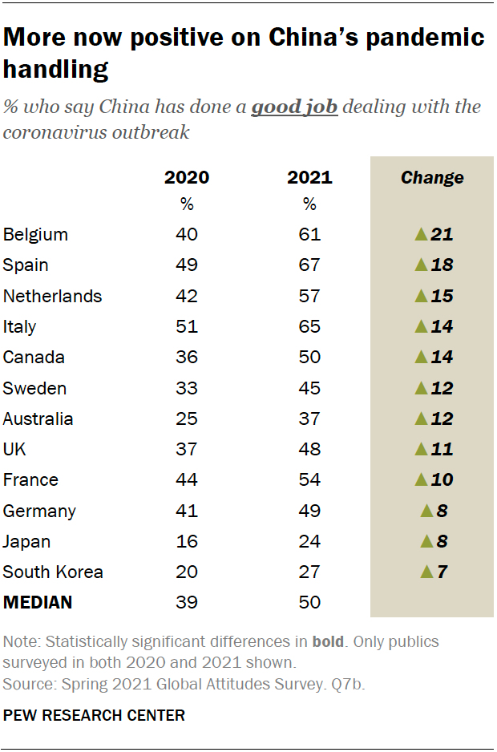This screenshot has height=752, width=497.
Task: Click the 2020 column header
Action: (x=187, y=177)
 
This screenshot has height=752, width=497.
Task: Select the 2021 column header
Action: (x=309, y=177)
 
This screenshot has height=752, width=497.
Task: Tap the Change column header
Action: (x=432, y=177)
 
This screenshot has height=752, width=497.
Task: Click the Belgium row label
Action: (x=35, y=234)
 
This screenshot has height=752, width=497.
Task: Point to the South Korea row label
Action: (x=53, y=572)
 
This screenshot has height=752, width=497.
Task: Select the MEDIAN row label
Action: (x=38, y=603)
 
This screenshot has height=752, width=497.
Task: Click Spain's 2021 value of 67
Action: (x=309, y=265)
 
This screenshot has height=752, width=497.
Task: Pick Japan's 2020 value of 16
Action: (x=187, y=542)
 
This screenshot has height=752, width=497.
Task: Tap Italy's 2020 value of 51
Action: (x=187, y=327)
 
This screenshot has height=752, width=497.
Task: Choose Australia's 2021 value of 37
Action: (x=309, y=419)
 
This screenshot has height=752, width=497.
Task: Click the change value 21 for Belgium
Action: (x=442, y=234)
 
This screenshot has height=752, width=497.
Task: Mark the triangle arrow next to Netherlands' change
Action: (x=420, y=296)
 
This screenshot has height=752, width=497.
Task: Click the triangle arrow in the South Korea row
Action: (x=426, y=572)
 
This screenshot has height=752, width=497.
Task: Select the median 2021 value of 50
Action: (x=309, y=603)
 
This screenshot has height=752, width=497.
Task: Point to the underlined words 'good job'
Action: (x=294, y=107)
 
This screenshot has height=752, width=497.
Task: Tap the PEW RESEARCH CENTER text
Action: (x=94, y=715)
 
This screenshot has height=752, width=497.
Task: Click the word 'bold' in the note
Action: (x=329, y=643)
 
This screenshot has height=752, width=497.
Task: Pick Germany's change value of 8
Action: (x=441, y=511)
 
